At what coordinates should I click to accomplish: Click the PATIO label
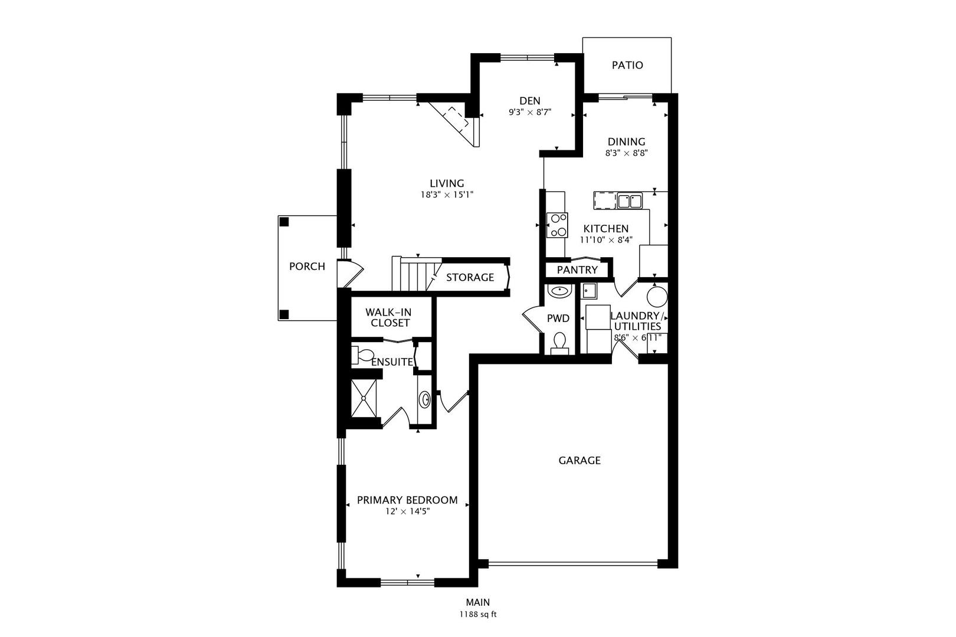coord(627,65)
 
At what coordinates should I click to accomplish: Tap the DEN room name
coord(530,101)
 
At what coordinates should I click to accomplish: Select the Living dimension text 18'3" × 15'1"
coord(447,195)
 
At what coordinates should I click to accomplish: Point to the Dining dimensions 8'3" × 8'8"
coord(627,153)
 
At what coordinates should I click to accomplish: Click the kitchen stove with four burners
coord(558,225)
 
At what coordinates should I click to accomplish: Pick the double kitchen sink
coord(630,201)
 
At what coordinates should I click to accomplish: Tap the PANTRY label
coord(577,270)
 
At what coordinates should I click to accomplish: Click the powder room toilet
coord(559,344)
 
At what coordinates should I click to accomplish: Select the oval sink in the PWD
coord(559,291)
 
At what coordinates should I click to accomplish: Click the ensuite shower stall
coord(364,398)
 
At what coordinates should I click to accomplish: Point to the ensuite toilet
coord(362,356)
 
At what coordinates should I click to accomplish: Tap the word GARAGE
coord(579,461)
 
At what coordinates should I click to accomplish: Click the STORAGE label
coord(470,278)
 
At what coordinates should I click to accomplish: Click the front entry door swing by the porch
coord(350,274)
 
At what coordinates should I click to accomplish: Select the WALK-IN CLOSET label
coord(389,318)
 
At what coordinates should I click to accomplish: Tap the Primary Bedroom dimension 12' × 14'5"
coord(407,511)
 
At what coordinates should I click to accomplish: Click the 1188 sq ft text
coord(478,615)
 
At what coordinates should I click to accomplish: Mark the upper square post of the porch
coord(284,222)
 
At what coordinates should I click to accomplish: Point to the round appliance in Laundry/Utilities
coord(657,297)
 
